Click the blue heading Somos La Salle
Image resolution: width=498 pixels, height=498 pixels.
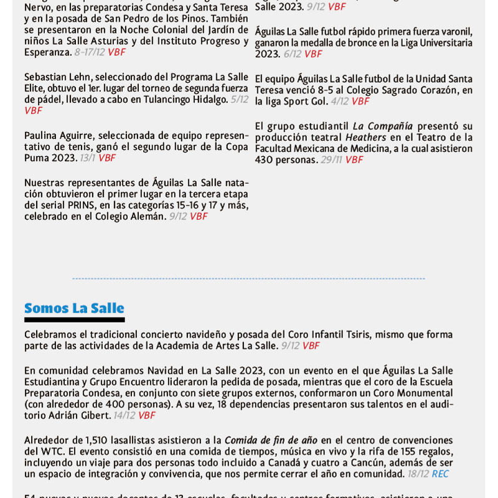point(74,309)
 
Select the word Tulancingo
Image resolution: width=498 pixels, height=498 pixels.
point(168,100)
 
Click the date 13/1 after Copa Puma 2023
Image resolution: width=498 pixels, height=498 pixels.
point(87,158)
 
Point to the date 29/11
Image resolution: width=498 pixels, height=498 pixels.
point(331,160)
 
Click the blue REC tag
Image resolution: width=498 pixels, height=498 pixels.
point(440,474)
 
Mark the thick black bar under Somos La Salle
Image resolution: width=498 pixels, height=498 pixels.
point(74,320)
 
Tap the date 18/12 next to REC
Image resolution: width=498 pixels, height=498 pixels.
point(418,474)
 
